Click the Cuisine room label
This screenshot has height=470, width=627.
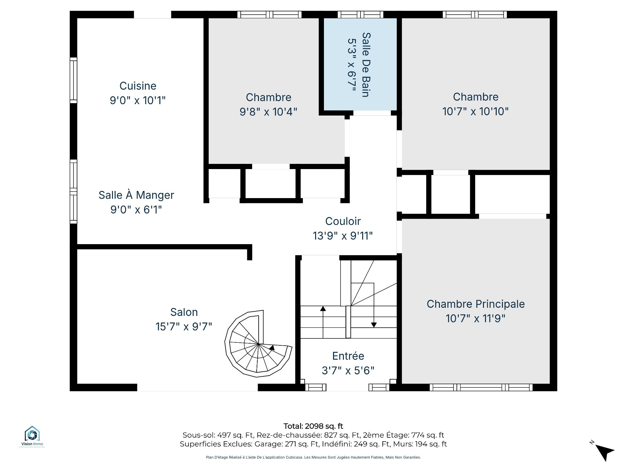click(138, 86)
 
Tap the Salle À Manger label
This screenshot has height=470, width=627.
click(136, 195)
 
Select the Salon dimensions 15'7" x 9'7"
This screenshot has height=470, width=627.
click(184, 326)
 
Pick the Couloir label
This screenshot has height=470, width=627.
click(343, 221)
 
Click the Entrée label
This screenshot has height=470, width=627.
click(348, 356)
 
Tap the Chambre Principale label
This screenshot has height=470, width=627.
click(475, 304)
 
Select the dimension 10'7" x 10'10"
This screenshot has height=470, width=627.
click(475, 111)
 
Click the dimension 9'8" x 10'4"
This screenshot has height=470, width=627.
click(268, 112)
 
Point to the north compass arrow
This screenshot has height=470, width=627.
click(605, 452)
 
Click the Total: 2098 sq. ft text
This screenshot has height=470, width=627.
click(313, 426)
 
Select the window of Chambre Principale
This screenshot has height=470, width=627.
click(481, 387)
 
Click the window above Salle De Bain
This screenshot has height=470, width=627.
click(361, 15)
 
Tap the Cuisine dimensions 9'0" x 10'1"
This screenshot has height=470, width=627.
click(138, 100)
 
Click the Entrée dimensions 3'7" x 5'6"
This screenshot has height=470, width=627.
click(348, 370)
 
